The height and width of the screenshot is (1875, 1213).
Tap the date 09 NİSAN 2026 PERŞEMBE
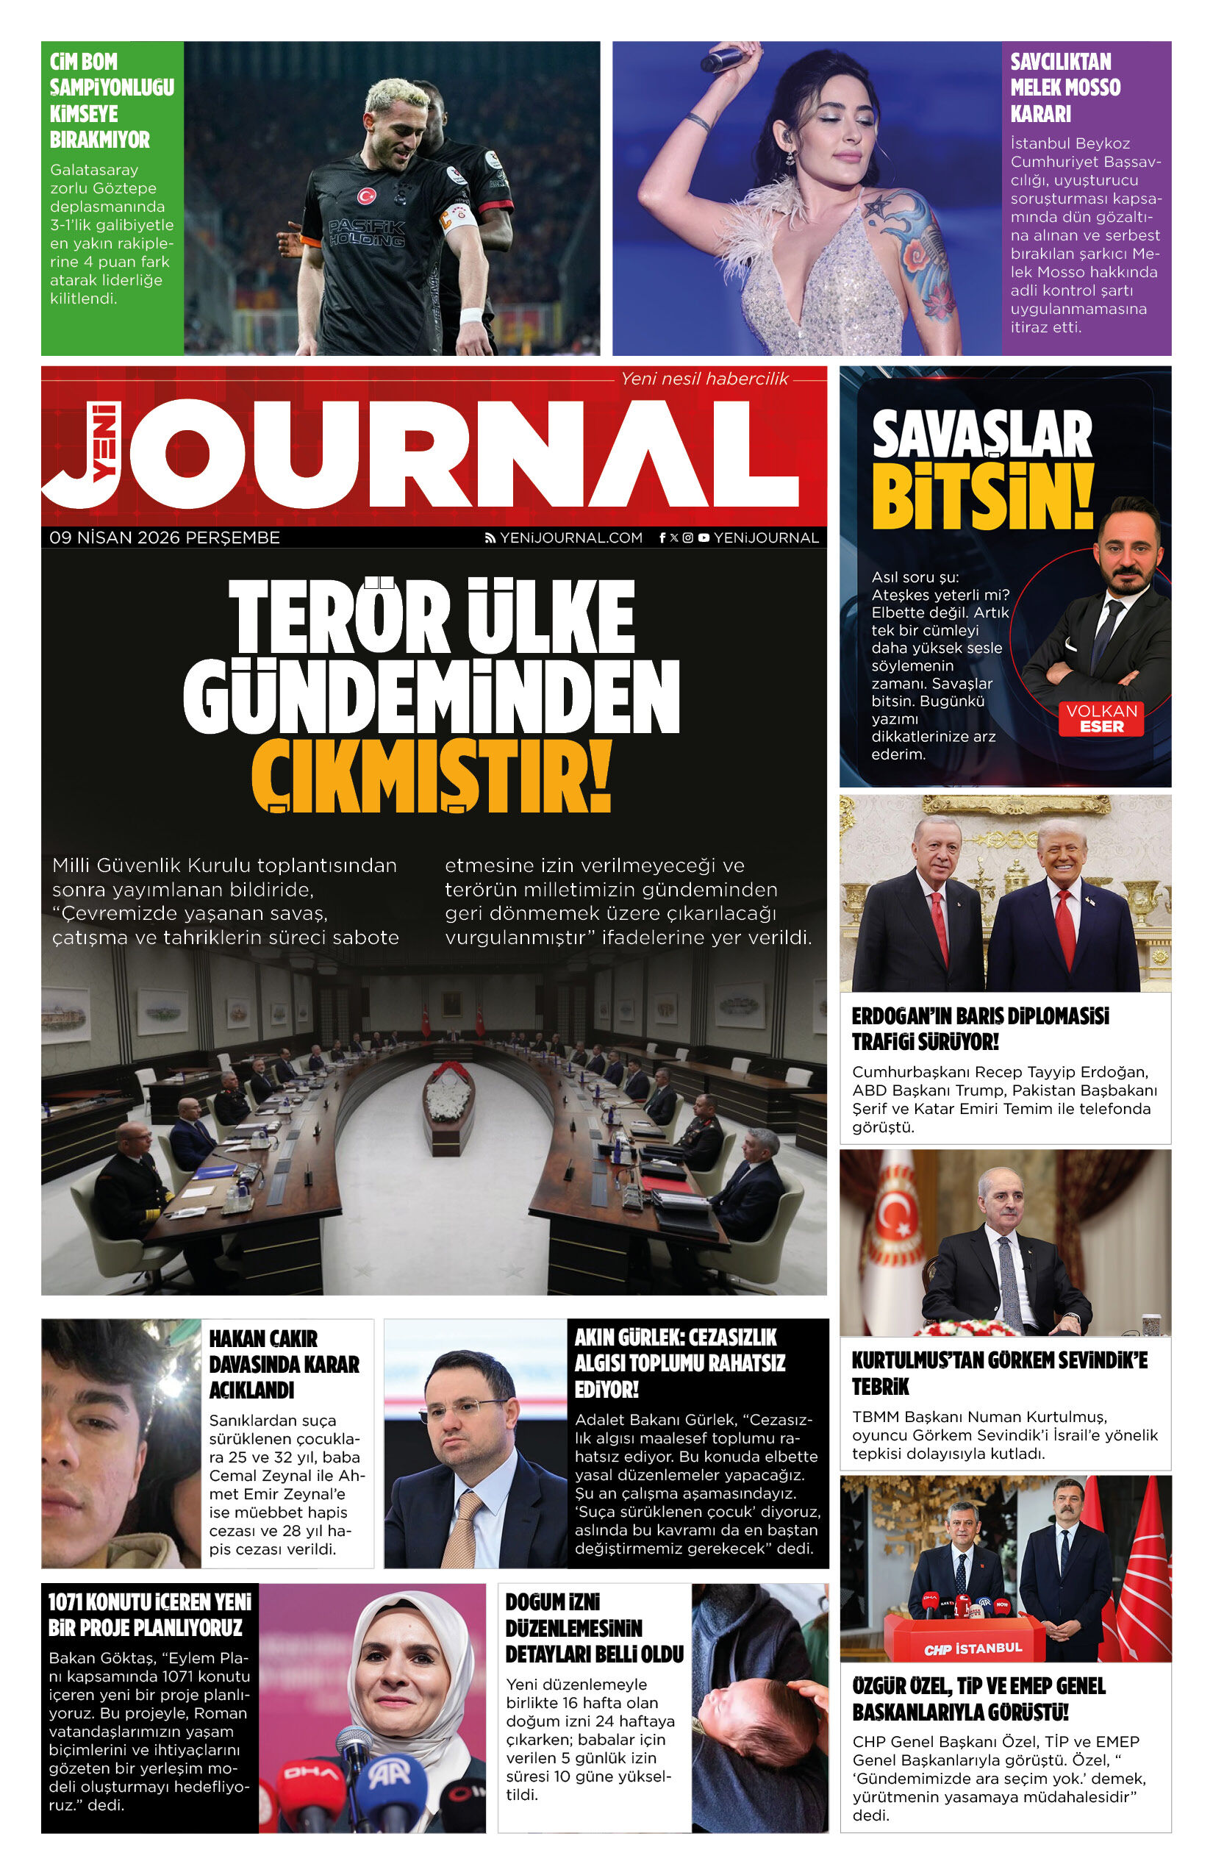tap(165, 537)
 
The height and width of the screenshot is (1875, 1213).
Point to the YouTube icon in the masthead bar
tap(704, 537)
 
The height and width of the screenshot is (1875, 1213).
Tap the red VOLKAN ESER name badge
tap(1101, 718)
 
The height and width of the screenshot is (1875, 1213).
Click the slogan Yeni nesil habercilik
tap(704, 379)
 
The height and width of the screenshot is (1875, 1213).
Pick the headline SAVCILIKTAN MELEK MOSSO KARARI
tap(1065, 87)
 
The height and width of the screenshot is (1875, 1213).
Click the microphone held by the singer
tap(723, 60)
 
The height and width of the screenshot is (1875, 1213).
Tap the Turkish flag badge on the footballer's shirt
tap(366, 196)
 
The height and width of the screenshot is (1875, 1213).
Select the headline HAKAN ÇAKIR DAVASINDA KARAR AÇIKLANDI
tap(284, 1364)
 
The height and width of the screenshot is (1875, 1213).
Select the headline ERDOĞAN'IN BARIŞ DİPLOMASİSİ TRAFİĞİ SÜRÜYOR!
tap(980, 1029)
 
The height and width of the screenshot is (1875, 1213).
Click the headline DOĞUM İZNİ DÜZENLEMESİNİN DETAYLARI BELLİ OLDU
tap(594, 1628)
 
